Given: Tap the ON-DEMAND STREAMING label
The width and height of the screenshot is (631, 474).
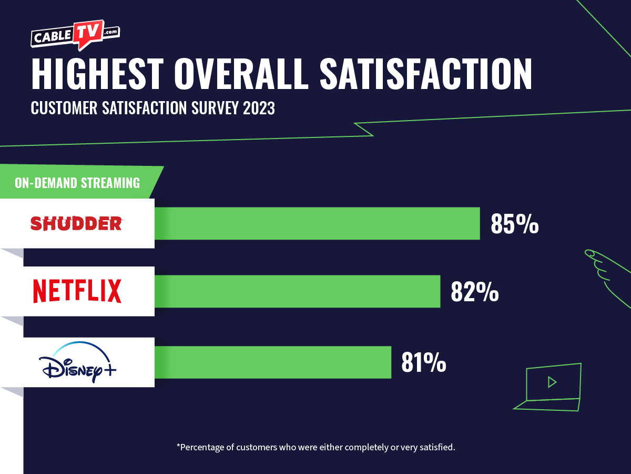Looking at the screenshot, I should pos(77,183).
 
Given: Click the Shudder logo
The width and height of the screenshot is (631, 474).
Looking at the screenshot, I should pos(76,224).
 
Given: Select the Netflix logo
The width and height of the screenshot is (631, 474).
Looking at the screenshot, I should pos(77,291).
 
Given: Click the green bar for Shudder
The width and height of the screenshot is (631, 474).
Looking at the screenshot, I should pos(317,223).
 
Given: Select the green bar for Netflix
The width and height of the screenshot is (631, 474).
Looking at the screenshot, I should pos(297,291).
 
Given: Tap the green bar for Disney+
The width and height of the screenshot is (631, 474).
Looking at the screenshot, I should pos(273,362).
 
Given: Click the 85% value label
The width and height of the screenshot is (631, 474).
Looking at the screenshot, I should pos(514,224).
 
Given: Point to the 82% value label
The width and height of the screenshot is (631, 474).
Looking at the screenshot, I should pos(474,292).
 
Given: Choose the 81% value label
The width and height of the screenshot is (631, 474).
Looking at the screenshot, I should pos(423,363).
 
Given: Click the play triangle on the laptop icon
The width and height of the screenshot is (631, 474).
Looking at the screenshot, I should pos(552,382).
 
